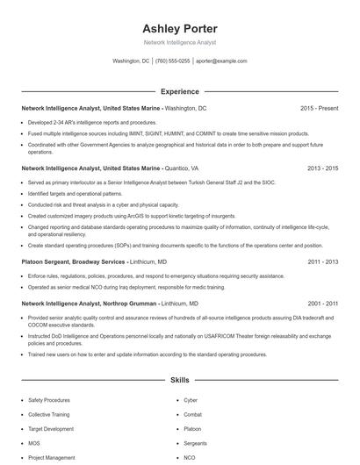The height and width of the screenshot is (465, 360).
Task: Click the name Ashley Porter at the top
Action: click(179, 27)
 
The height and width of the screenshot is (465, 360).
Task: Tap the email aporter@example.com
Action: click(220, 61)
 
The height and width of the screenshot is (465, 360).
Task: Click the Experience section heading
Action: click(179, 91)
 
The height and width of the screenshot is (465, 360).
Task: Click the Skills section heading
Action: click(179, 381)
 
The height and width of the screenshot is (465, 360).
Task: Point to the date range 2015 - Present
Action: click(319, 108)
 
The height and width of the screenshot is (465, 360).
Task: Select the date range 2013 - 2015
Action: click(320, 167)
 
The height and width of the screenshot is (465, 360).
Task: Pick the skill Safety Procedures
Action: click(48, 400)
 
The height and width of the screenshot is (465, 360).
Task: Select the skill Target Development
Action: click(50, 429)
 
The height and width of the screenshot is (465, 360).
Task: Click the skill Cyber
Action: click(191, 400)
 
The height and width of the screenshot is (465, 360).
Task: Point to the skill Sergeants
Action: click(195, 443)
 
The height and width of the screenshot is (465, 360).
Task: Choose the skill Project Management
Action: click(51, 457)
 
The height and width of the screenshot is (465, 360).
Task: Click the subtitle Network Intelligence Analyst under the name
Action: click(179, 42)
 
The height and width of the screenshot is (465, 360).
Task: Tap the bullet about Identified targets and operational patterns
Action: click(75, 193)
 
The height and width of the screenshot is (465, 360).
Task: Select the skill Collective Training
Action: click(49, 414)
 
